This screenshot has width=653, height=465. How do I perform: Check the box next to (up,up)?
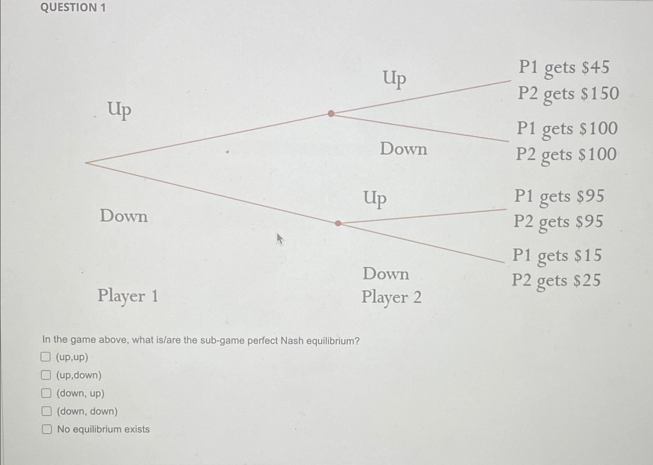(46, 357)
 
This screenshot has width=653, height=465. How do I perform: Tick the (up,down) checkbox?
(46, 375)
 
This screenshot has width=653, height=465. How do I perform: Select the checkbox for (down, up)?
(46, 393)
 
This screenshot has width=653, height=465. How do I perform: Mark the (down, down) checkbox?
(47, 411)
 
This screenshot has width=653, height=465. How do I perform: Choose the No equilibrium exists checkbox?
(47, 429)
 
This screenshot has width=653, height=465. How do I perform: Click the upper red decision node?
(331, 113)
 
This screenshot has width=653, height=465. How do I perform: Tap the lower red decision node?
(338, 223)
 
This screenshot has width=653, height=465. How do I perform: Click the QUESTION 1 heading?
(73, 7)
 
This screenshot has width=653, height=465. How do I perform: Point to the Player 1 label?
(128, 296)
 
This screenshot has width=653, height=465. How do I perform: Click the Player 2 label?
(391, 297)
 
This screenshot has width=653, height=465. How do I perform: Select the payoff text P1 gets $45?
(564, 67)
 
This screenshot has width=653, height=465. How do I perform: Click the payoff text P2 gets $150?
(568, 94)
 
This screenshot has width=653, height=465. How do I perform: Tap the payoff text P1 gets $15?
(557, 255)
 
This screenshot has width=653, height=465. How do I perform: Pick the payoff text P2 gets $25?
(556, 281)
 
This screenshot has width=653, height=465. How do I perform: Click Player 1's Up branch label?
(119, 109)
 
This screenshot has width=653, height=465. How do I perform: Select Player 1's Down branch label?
(124, 216)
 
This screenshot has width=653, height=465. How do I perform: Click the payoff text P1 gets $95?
(559, 196)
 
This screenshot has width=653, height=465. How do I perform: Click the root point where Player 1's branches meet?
(86, 163)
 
